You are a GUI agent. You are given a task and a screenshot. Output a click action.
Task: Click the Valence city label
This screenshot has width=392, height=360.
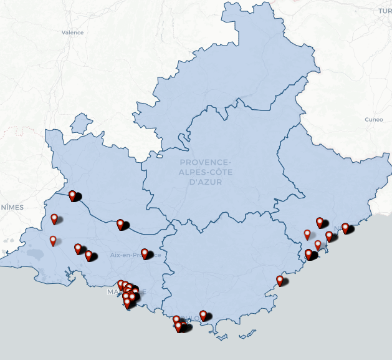(x=72, y=32)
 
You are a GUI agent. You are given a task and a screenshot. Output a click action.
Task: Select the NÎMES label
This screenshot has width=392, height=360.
(x=11, y=207)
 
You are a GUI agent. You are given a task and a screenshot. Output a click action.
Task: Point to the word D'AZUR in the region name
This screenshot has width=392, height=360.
(x=205, y=182)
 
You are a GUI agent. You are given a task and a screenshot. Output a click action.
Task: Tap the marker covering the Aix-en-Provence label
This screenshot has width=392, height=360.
(x=145, y=253)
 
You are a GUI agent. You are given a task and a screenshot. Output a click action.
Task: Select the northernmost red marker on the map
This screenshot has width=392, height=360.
(x=73, y=195)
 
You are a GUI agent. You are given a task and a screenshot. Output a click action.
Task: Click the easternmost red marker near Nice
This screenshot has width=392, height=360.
(x=345, y=228)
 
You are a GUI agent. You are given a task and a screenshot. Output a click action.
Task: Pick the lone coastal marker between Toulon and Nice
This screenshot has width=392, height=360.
(x=280, y=280)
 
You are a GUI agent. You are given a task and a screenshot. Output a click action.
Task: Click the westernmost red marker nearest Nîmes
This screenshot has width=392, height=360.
(x=54, y=218)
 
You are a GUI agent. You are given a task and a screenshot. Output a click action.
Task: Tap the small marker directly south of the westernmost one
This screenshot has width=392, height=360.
(x=53, y=240)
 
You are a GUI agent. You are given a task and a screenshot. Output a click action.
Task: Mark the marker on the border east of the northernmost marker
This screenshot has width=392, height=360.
(x=120, y=224)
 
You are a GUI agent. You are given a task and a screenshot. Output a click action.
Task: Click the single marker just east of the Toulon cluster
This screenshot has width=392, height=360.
(x=203, y=315)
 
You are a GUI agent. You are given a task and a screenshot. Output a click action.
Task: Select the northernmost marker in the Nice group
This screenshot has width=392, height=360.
(x=320, y=222)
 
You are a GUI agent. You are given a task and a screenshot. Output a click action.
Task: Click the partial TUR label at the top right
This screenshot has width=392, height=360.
(x=384, y=11)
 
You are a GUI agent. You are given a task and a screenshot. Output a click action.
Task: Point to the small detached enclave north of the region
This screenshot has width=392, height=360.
(x=80, y=124)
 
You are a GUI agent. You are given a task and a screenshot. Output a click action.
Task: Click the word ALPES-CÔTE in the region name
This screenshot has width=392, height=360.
(x=205, y=172)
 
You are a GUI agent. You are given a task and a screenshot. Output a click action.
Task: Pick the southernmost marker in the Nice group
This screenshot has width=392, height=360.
(x=308, y=254)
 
